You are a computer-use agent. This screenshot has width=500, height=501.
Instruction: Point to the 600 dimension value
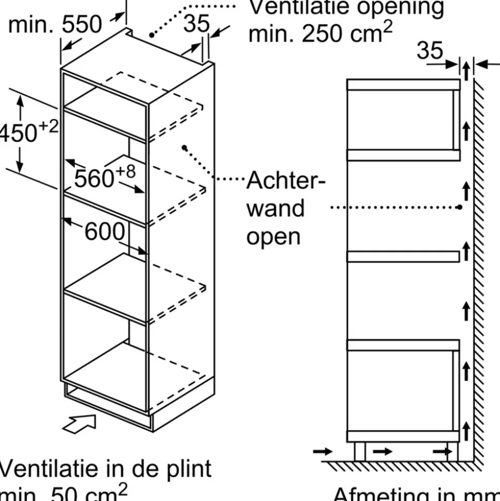pyautogui.click(x=105, y=232)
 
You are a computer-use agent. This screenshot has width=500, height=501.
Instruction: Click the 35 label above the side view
pyautogui.click(x=429, y=51)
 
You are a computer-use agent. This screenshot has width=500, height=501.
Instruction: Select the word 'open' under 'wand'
pyautogui.click(x=273, y=236)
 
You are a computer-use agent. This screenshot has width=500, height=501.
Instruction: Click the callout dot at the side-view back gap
pyautogui.click(x=459, y=207)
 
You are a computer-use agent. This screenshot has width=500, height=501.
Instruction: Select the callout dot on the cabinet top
pyautogui.click(x=152, y=36)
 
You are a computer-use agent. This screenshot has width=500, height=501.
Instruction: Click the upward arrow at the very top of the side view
pyautogui.click(x=466, y=69)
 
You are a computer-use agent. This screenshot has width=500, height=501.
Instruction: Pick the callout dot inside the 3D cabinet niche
pyautogui.click(x=184, y=148)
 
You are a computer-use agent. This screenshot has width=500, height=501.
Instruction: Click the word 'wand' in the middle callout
pyautogui.click(x=275, y=208)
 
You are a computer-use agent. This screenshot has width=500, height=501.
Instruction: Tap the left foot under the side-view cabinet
pyautogui.click(x=359, y=452)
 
